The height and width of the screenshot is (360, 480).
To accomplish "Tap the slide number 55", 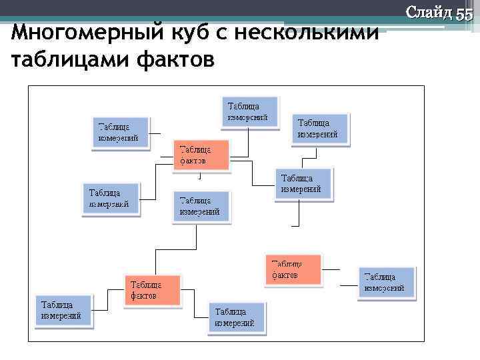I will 464,13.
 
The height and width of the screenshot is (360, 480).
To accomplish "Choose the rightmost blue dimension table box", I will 387,281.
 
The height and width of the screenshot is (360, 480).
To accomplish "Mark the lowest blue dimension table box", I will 237,317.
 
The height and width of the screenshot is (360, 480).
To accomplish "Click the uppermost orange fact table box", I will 201,155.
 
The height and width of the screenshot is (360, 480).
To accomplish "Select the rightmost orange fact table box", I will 293,269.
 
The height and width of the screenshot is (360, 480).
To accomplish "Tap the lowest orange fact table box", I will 152,290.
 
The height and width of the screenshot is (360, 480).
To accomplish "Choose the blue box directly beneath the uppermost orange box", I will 202,206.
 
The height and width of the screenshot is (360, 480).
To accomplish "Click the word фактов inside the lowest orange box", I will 144,295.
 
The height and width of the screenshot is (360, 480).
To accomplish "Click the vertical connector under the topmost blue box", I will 249,141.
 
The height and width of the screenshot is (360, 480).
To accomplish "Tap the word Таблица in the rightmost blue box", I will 381,276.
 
